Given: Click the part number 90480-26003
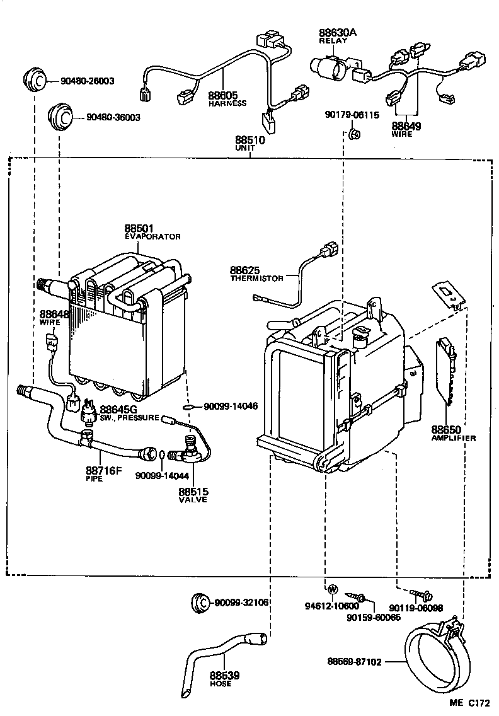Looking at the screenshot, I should pyautogui.click(x=88, y=81).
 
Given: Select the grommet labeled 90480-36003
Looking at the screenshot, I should pyautogui.click(x=62, y=117).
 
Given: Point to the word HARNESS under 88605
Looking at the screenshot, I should pyautogui.click(x=227, y=103).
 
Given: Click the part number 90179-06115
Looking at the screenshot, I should pyautogui.click(x=352, y=115).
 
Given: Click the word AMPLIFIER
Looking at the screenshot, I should pyautogui.click(x=453, y=437).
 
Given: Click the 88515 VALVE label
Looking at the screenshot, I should pyautogui.click(x=193, y=495).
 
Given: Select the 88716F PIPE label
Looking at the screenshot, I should pyautogui.click(x=103, y=474).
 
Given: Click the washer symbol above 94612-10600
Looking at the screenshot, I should pyautogui.click(x=332, y=590).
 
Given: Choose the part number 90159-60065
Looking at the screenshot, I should pyautogui.click(x=373, y=618).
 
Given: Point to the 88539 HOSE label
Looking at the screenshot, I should pyautogui.click(x=224, y=679).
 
